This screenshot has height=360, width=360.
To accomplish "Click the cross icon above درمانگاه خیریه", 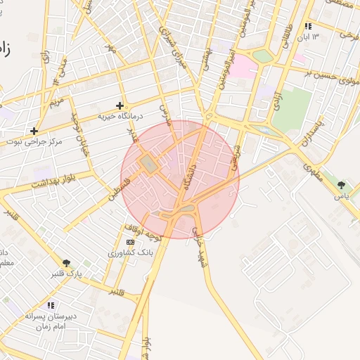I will (120, 105).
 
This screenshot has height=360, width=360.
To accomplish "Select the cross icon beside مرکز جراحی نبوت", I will (34, 131).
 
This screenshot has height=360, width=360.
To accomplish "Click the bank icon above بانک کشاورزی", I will (129, 242).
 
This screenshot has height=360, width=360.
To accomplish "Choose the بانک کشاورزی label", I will (130, 252).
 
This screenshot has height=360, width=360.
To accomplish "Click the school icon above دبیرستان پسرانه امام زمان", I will (51, 305).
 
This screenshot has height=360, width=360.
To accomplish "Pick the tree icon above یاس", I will (341, 185).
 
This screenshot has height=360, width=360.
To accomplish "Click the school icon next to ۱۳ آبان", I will (308, 26).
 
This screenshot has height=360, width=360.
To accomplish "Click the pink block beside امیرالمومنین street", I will (243, 66).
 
